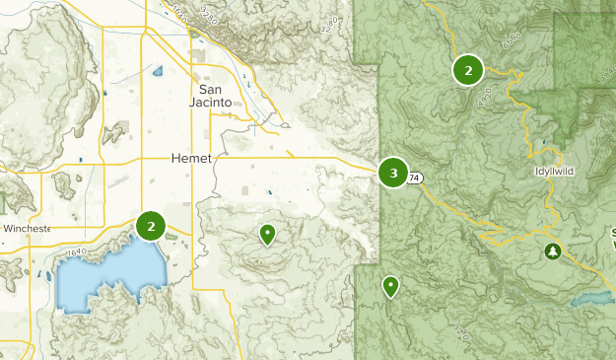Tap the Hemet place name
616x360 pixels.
click(191, 158)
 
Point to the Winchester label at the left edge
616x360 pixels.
click(27, 228)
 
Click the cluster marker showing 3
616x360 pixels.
click(393, 174)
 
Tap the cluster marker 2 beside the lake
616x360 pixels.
click(151, 226)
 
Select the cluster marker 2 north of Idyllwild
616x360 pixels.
click(467, 69)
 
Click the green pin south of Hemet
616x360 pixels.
click(267, 234)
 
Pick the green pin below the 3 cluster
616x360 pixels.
click(391, 286)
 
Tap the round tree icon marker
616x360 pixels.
click(552, 252)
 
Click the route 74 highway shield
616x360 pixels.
click(416, 178)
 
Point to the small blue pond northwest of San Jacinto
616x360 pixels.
click(158, 70)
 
